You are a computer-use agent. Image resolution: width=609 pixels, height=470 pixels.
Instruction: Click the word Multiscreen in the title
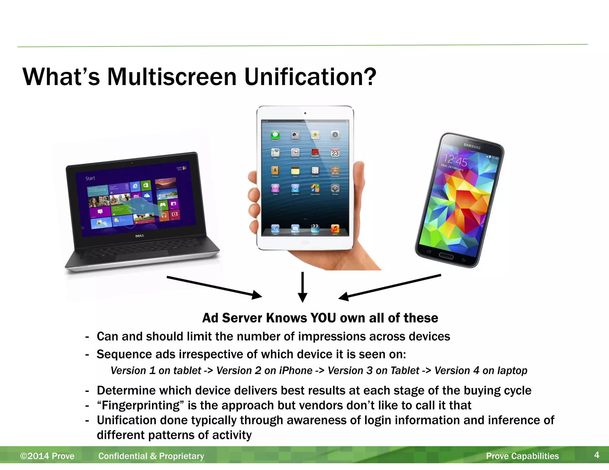[172, 77]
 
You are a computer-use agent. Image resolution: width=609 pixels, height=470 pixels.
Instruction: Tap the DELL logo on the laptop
[140, 236]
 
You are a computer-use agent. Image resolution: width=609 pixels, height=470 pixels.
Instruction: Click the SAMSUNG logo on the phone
[472, 146]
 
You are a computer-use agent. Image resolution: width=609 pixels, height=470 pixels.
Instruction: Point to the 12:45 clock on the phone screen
[455, 161]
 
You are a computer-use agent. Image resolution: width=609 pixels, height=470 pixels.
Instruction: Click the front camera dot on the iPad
[305, 113]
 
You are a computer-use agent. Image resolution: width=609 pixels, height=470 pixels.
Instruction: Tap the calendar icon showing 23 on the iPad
[335, 153]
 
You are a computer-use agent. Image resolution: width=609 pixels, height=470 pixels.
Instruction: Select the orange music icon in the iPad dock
[335, 228]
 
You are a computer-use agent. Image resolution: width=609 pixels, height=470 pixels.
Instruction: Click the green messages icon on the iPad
[275, 135]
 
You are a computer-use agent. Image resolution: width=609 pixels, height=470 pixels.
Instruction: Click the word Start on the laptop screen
[90, 178]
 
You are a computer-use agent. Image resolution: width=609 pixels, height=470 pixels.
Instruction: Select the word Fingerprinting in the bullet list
[141, 405]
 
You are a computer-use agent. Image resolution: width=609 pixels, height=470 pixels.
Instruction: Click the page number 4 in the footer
[597, 455]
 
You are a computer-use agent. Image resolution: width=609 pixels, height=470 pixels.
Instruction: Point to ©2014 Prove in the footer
[47, 456]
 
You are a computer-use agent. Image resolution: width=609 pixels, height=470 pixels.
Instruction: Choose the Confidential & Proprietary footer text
[151, 456]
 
